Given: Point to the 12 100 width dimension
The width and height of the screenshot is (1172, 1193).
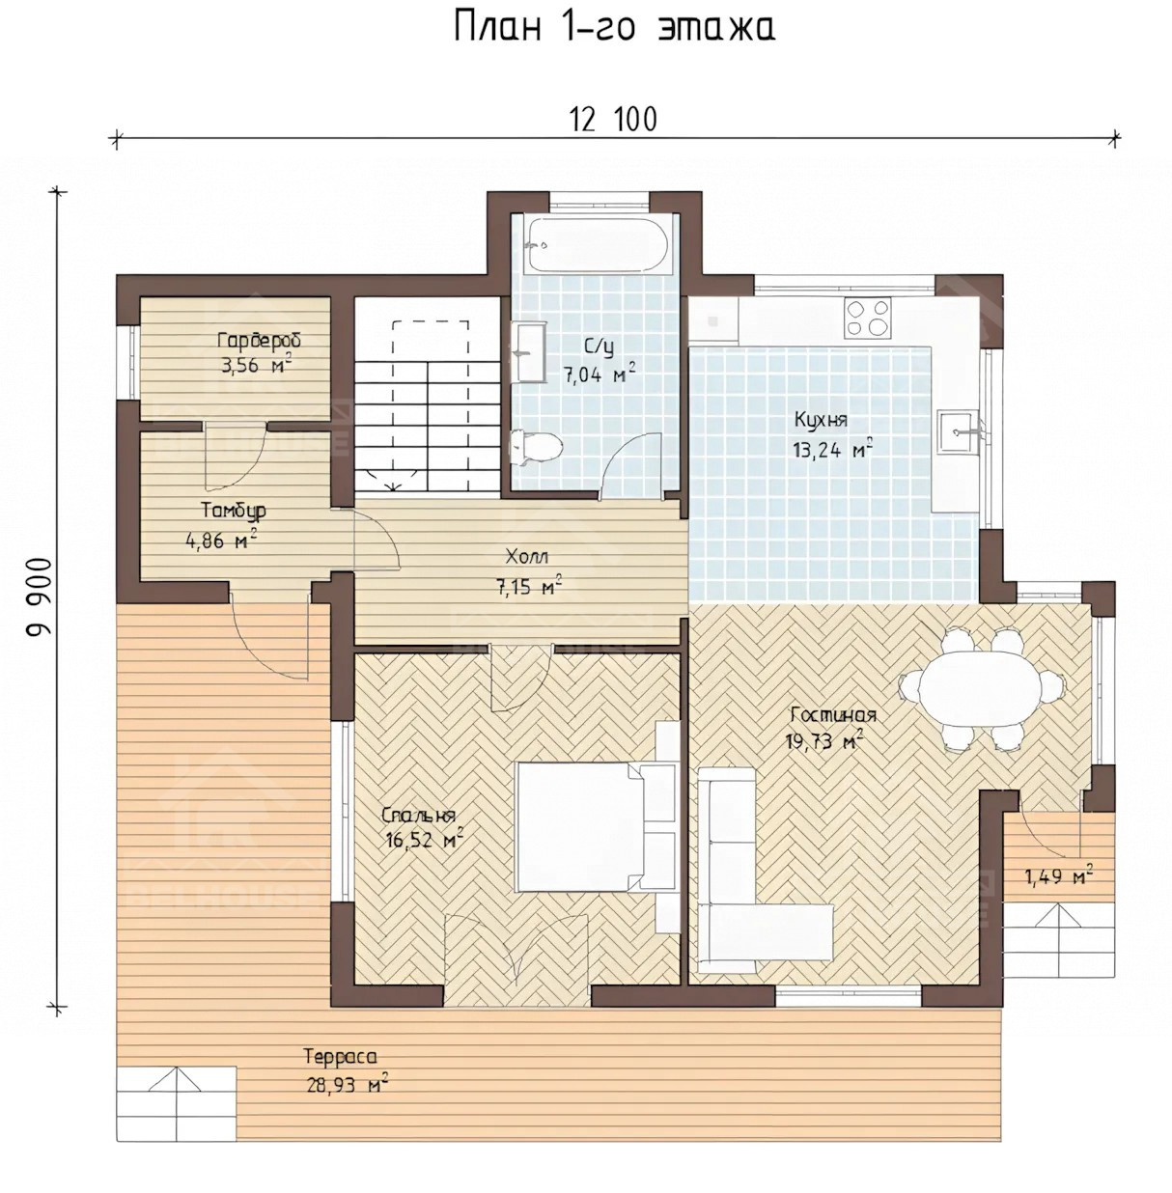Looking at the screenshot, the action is (613, 120).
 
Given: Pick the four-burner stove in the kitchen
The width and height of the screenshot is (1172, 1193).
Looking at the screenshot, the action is (867, 318).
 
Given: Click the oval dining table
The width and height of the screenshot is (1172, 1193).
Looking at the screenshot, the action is (983, 687).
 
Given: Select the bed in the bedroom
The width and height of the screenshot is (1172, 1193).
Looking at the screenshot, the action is (596, 826).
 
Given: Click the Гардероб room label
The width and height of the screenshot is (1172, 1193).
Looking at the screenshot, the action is (259, 341).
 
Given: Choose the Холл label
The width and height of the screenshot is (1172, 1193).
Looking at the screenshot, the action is (526, 557).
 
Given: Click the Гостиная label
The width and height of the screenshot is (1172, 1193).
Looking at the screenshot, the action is (833, 715).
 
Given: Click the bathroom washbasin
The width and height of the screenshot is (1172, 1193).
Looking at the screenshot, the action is (527, 352).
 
